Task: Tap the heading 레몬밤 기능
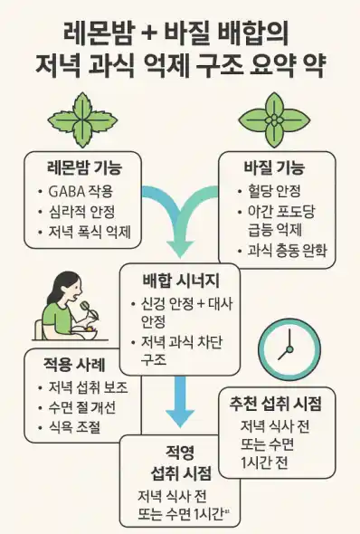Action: coord(83,167)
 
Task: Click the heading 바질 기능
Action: coord(274,168)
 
